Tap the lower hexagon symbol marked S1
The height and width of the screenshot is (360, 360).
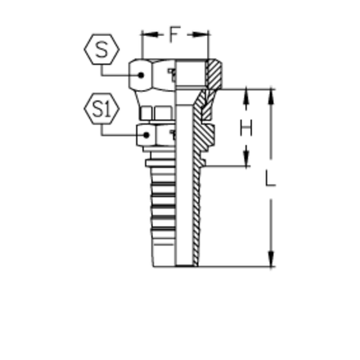[x=99, y=106]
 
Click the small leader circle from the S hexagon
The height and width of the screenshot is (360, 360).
[x=144, y=74]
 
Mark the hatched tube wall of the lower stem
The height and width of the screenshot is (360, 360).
[x=197, y=213]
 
